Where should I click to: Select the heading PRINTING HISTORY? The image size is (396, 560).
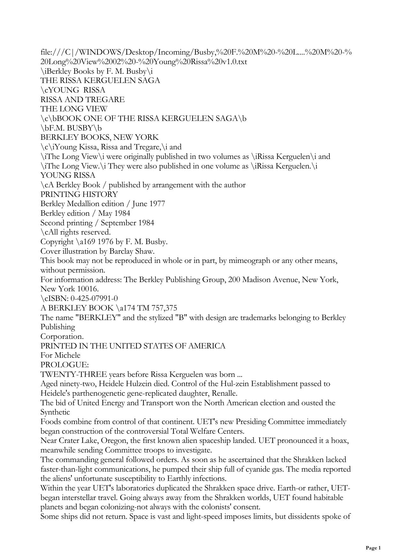(79, 194)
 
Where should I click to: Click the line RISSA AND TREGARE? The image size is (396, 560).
(82, 100)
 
